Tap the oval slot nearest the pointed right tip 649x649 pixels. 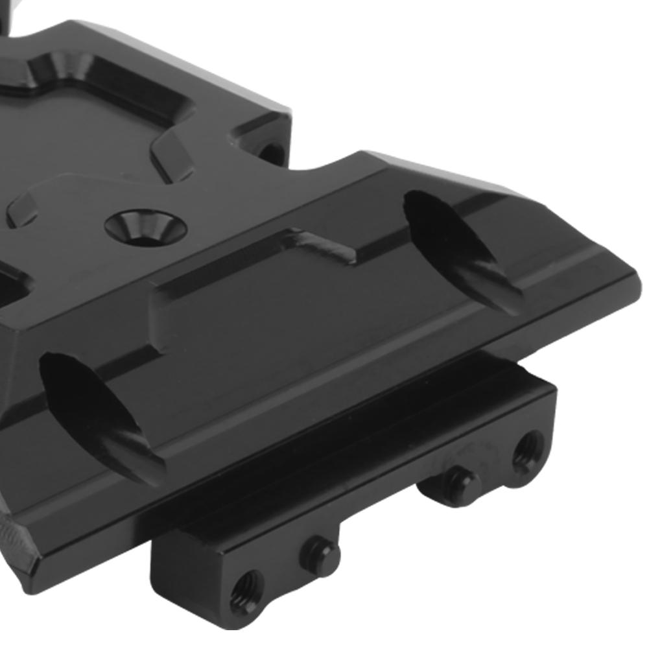tap(462, 250)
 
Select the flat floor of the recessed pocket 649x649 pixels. tap(84, 130)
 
